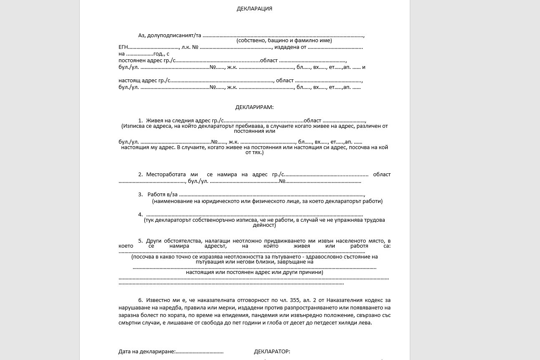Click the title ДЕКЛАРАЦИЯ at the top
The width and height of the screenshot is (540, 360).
pos(254,8)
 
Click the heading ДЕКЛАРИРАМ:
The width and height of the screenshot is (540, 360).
pos(254,107)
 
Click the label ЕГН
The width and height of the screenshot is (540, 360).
pos(123,47)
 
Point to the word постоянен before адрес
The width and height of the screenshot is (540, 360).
pos(130,61)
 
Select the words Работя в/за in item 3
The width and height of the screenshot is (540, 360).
pos(162,195)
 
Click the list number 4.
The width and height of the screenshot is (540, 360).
pos(141,215)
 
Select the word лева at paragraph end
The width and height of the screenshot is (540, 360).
pos(364,323)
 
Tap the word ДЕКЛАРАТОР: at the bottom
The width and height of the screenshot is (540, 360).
pos(272,352)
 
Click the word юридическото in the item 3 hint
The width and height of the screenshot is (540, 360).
pos(214,201)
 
